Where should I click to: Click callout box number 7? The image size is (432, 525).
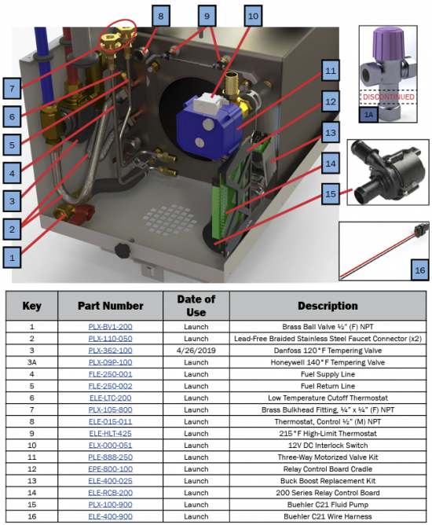12,88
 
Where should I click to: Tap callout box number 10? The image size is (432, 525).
253,16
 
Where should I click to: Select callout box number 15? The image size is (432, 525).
330,194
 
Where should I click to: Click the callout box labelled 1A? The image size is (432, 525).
368,115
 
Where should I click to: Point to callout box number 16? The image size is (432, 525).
419,270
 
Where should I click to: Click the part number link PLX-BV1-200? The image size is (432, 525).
111,326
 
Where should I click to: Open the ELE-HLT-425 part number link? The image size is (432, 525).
111,433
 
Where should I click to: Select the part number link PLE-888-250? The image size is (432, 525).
111,457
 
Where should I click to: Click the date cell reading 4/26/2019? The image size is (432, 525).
196,351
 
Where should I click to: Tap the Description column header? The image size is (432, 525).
328,306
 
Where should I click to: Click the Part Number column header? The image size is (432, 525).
111,306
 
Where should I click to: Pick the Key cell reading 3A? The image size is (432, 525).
31,362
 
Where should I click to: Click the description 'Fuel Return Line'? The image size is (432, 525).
328,386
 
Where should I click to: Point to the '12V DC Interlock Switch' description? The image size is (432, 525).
328,446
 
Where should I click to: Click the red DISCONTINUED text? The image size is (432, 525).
389,97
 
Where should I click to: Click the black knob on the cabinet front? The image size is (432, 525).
122,250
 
